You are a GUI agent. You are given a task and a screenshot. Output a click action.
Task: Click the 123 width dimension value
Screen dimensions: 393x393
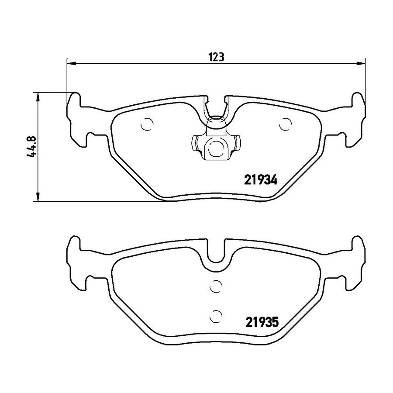pos(216,57)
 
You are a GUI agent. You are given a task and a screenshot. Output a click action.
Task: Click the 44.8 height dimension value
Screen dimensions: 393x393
pos(32,147)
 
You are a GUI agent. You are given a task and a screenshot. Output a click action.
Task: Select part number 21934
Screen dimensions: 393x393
pos(261,180)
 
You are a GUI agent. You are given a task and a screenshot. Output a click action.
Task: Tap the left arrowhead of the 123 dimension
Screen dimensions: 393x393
pos(72,63)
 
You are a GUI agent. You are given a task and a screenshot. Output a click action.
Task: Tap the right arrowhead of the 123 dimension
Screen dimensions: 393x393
pos(360,63)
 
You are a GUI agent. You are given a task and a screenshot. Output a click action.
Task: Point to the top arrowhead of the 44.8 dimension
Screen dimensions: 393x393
pos(38,97)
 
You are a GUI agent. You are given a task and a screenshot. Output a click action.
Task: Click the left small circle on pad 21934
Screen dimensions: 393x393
pos(147,124)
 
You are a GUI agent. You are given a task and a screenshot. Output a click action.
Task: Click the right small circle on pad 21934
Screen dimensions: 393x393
pos(286,124)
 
